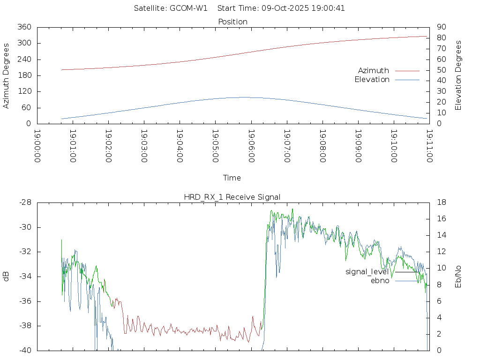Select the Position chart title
[233, 22]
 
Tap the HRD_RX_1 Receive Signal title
[232, 197]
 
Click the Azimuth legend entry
[374, 70]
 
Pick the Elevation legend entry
[372, 80]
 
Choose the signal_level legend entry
[367, 271]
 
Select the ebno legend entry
[380, 281]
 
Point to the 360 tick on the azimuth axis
[24, 27]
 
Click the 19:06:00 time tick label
[251, 146]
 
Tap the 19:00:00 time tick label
[37, 146]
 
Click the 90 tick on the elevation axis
[441, 27]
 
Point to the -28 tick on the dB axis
[24, 202]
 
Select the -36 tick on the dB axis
[24, 301]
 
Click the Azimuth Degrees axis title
[7, 75]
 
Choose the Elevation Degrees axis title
[458, 75]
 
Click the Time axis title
[232, 178]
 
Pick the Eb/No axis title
[458, 277]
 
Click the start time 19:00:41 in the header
[330, 8]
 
